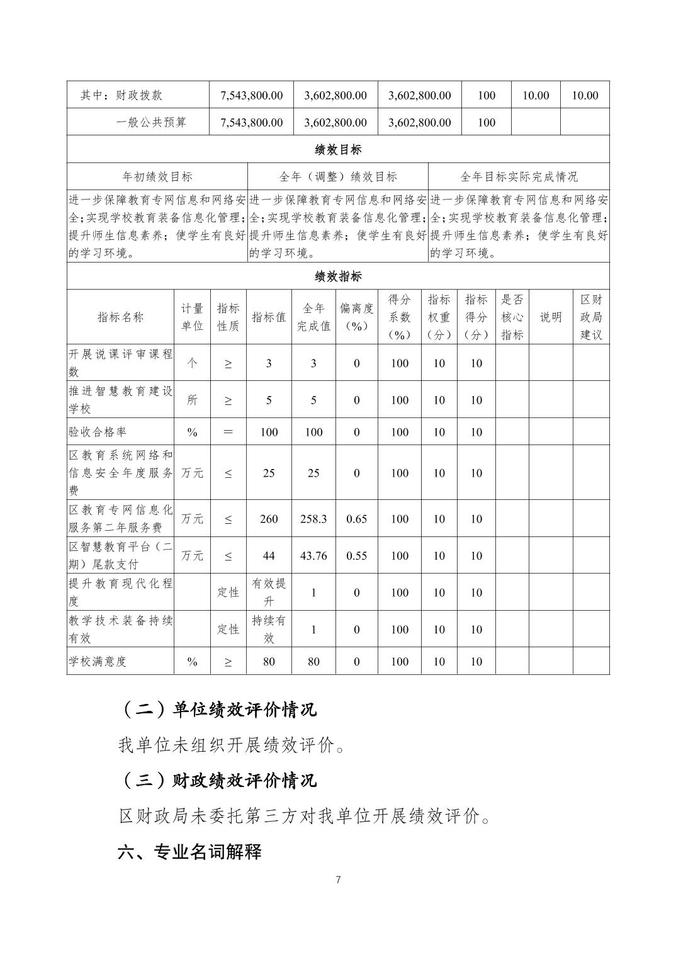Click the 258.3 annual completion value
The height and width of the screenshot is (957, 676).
point(313,519)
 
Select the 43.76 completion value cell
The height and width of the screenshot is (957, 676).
point(313,555)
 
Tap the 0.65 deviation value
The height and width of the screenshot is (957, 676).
point(357,519)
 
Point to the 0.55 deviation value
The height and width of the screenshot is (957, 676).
point(357,555)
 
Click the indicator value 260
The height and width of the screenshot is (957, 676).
point(269,519)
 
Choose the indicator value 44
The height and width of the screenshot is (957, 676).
point(269,555)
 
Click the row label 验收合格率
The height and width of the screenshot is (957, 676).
point(98,432)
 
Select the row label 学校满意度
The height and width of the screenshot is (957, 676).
point(98,661)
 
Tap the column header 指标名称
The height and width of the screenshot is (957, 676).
point(120,317)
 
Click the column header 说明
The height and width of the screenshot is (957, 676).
point(551,317)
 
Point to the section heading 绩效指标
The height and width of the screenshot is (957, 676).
point(338,276)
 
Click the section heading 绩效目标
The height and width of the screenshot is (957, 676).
point(338,150)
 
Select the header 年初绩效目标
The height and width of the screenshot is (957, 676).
point(157,177)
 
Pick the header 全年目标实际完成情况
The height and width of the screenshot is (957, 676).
point(519,177)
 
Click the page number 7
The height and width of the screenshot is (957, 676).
point(339,880)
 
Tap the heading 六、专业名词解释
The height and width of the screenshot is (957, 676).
point(189,852)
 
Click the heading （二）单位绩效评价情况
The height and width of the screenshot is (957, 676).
point(217,710)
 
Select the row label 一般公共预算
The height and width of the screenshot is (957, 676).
point(151,122)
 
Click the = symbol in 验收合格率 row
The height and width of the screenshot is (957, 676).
point(228,432)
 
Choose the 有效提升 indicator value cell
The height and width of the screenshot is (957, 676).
point(269,592)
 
